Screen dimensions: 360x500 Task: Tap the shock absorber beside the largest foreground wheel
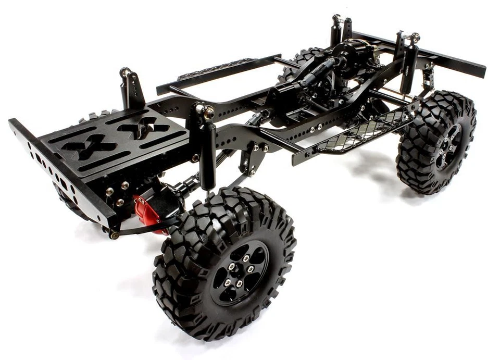coord(208,156)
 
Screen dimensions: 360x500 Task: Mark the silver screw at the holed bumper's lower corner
coord(114,235)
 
